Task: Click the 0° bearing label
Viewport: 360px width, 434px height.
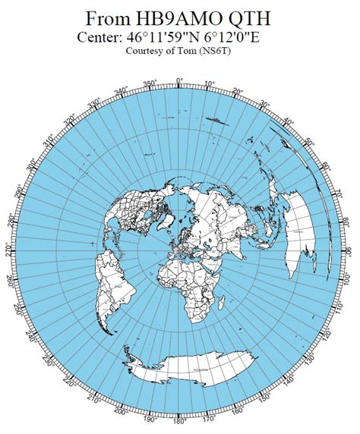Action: [179, 80]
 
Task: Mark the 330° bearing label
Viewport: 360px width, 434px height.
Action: [94, 103]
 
